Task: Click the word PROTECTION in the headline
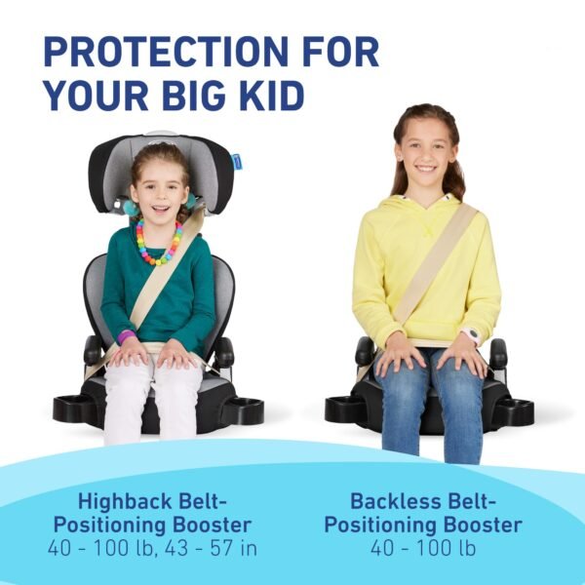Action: [x=166, y=52]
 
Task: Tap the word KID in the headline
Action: [x=272, y=96]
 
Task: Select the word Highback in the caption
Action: [x=126, y=501]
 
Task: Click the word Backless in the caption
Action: [x=397, y=501]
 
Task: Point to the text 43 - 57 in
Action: [x=212, y=548]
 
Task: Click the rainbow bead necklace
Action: [x=159, y=243]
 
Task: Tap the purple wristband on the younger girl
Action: [x=126, y=337]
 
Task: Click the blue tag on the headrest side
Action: [x=236, y=162]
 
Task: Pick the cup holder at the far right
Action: [x=515, y=410]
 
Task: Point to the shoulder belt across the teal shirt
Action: [x=166, y=272]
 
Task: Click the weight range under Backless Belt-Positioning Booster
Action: [x=423, y=548]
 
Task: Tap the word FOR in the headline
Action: [x=340, y=52]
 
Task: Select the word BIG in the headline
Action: [x=194, y=96]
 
